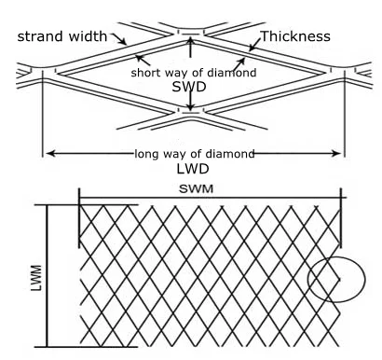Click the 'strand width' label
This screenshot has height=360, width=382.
point(61,37)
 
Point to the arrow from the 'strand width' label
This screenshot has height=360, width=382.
point(122,40)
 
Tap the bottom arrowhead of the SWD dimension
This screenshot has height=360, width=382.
point(190,111)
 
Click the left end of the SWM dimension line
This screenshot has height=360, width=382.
point(79,198)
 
